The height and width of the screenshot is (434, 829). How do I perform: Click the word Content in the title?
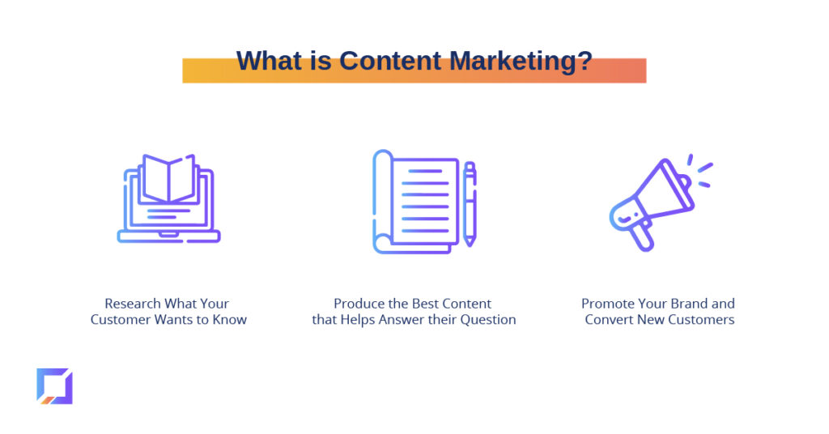click(x=389, y=61)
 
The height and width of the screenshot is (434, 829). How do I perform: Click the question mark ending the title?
click(x=585, y=61)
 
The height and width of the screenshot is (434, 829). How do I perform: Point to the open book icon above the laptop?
click(x=169, y=178)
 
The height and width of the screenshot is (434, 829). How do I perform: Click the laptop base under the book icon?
click(x=168, y=236)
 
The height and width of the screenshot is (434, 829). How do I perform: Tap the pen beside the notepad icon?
click(x=470, y=204)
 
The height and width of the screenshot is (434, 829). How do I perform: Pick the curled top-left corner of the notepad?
click(x=383, y=159)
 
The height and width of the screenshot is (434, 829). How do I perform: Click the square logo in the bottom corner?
click(x=54, y=386)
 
